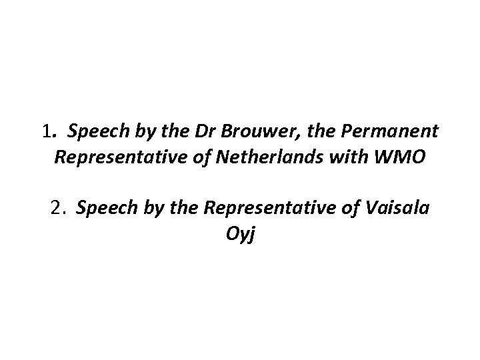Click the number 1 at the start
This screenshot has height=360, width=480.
coord(45,132)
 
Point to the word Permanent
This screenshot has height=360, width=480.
coord(391,132)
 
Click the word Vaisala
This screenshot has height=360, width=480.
coord(399,209)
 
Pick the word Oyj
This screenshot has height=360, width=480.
coord(240,235)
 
